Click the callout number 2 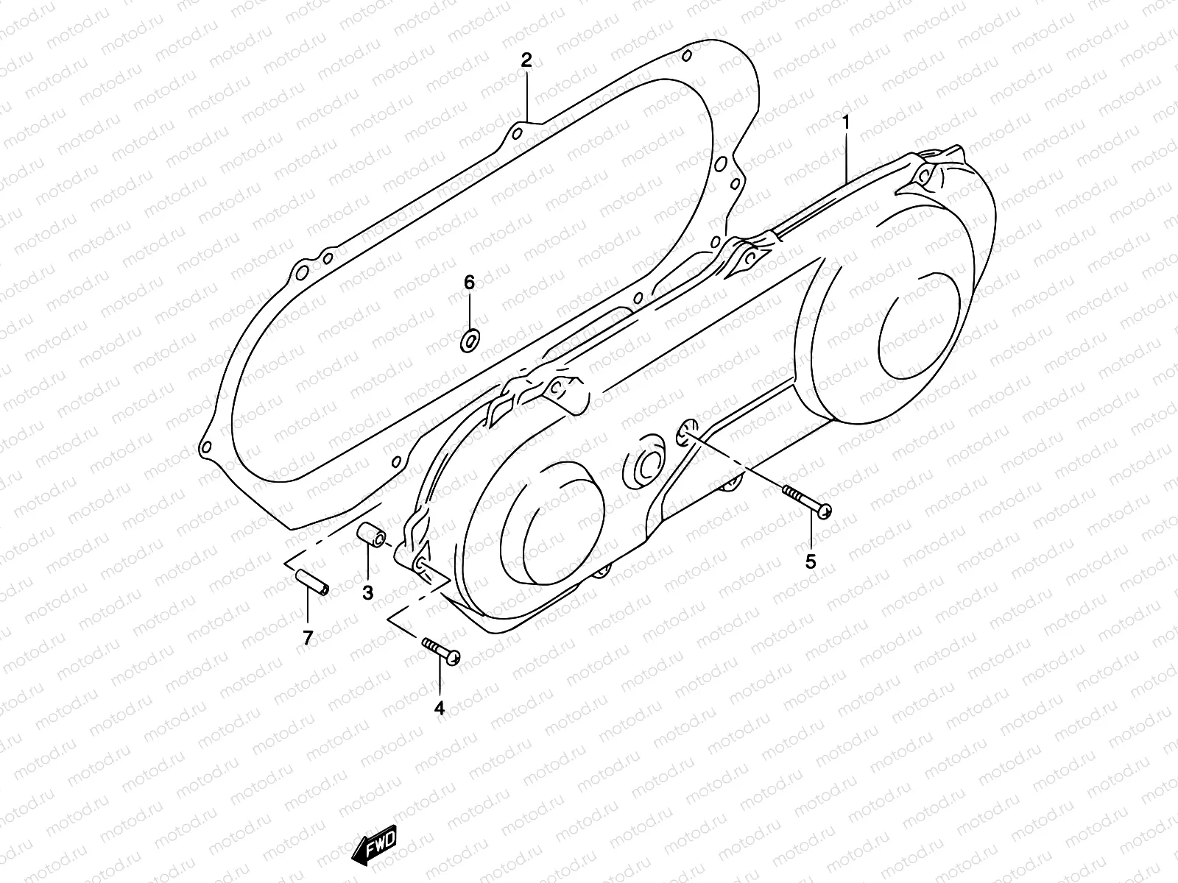coord(526,61)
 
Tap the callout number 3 coord(367,592)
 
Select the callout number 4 coord(440,708)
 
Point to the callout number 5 coord(811,562)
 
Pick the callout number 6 coord(469,283)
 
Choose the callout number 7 coord(308,638)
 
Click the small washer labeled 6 coord(469,341)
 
